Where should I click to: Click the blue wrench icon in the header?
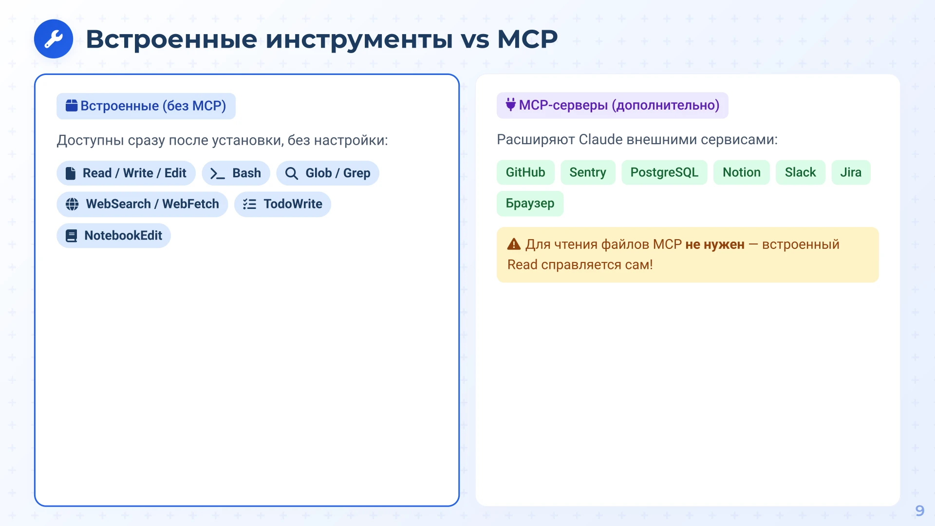[54, 39]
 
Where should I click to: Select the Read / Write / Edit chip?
[126, 173]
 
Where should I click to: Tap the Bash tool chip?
[236, 173]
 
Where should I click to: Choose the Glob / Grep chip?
[328, 173]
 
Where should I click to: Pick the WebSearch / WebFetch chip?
[142, 204]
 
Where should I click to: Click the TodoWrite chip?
[282, 204]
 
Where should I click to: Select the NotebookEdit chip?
[113, 236]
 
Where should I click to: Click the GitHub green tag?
[525, 172]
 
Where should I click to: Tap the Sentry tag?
[587, 172]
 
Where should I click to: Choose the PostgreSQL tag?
[664, 172]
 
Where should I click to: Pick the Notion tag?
[741, 172]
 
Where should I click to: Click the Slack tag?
[800, 172]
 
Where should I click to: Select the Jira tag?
[850, 172]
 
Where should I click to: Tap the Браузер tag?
[530, 204]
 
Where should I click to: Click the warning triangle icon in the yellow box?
[514, 244]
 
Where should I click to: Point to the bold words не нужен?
[714, 244]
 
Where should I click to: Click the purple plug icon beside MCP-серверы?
[510, 105]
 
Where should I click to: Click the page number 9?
[919, 510]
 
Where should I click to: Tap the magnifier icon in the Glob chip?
[291, 173]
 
